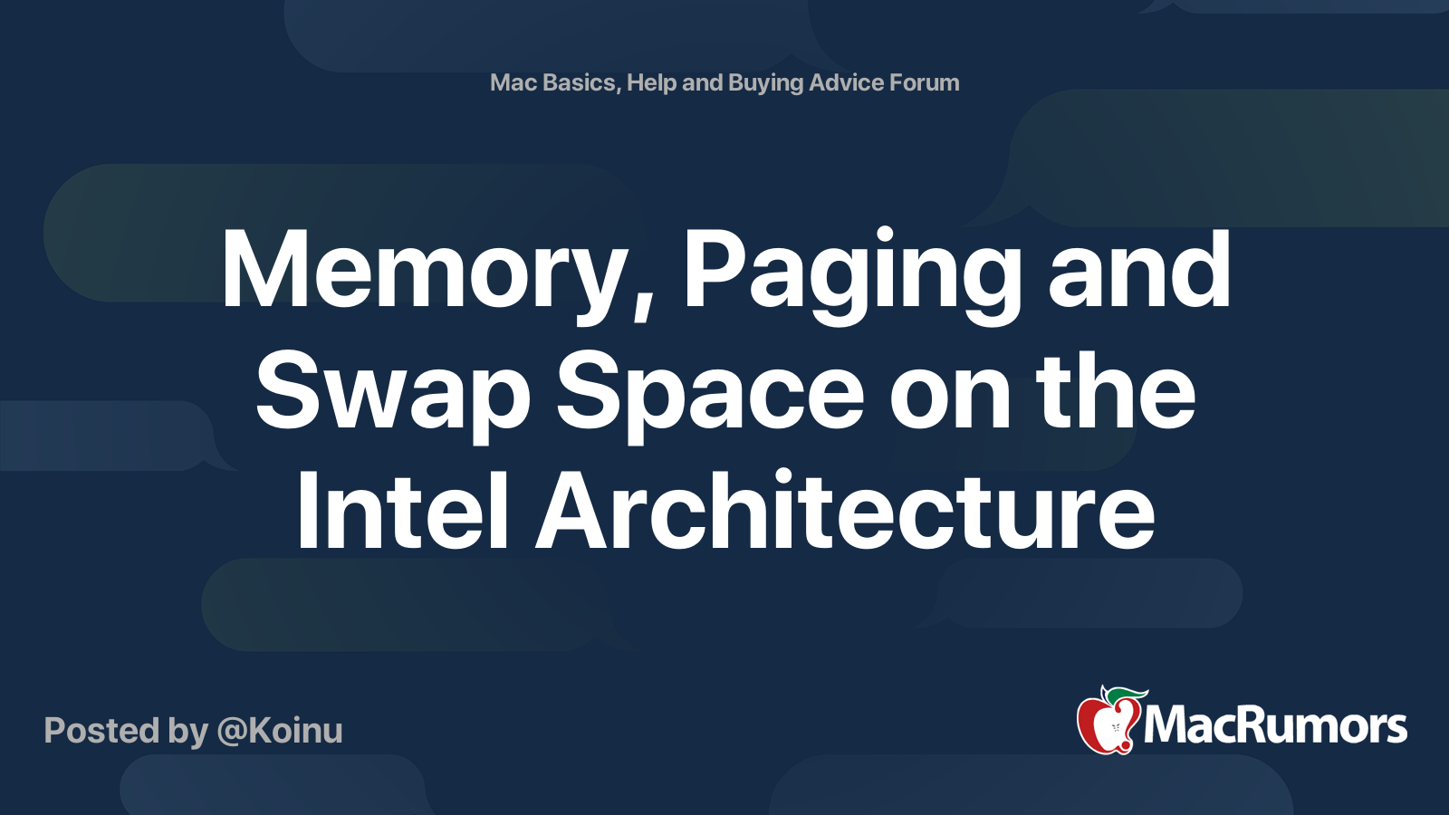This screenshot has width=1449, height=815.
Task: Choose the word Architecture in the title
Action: point(845,512)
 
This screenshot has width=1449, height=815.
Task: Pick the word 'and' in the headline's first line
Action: point(1139,270)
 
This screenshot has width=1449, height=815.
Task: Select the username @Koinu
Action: point(280,731)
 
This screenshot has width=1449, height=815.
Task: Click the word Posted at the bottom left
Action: point(102,731)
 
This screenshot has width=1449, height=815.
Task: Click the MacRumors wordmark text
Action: point(1275,726)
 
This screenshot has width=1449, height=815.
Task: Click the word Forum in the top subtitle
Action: point(924,82)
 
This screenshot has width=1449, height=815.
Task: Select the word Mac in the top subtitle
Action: point(513,82)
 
